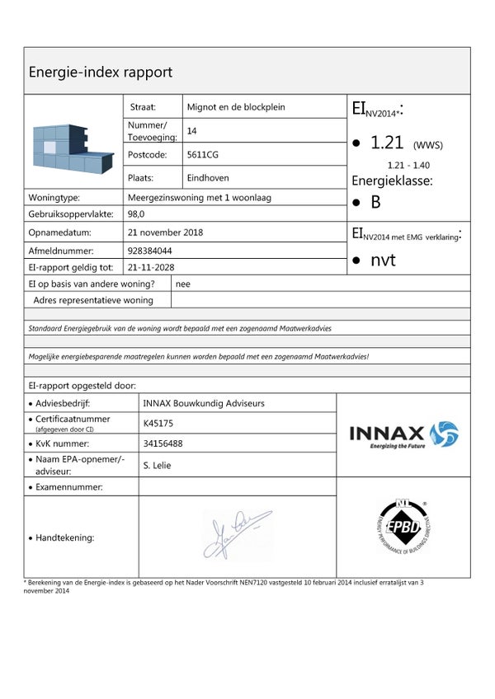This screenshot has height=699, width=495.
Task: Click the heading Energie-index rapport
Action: pyautogui.click(x=101, y=72)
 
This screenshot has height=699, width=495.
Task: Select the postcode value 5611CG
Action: pyautogui.click(x=203, y=154)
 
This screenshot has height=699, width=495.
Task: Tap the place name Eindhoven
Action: pyautogui.click(x=208, y=177)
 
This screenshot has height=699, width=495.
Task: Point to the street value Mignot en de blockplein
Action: pyautogui.click(x=237, y=107)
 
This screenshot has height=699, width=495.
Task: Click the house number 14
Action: pyautogui.click(x=192, y=130)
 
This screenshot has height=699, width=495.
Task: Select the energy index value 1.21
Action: pyautogui.click(x=387, y=143)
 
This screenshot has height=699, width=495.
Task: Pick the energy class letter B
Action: pyautogui.click(x=375, y=202)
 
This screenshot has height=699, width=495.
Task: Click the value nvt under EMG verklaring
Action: pyautogui.click(x=383, y=260)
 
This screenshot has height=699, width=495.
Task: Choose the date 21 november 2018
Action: pyautogui.click(x=165, y=232)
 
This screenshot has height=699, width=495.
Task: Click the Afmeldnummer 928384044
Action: pyautogui.click(x=150, y=250)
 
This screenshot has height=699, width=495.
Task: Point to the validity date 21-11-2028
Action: pyautogui.click(x=151, y=267)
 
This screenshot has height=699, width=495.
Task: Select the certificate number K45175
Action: pyautogui.click(x=159, y=424)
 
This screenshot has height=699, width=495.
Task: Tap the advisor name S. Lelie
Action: pyautogui.click(x=158, y=466)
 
